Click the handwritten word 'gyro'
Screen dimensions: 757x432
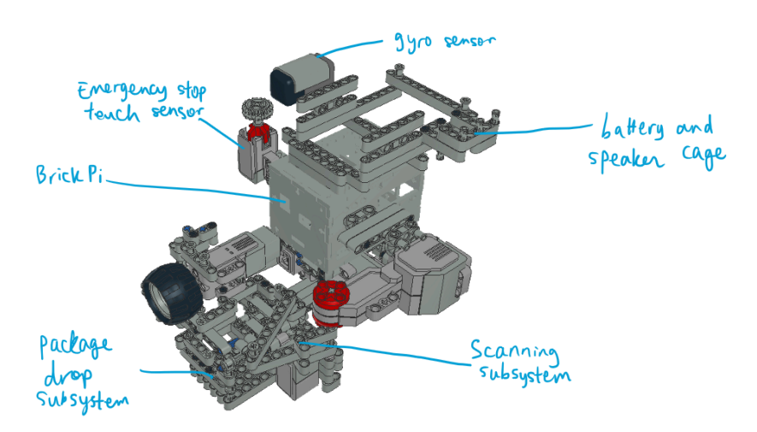pos(413,43)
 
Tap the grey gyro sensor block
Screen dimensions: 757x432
pos(302,80)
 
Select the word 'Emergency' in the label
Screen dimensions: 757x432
pos(122,90)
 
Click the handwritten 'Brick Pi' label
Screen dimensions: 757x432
pos(69,175)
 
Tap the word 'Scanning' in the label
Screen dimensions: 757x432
pos(514,351)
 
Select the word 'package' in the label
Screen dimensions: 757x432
pos(75,346)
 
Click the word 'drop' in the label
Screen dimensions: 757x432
pos(68,375)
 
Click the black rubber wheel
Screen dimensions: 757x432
pos(171,292)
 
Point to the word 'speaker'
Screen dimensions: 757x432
pos(625,159)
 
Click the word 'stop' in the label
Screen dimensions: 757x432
pos(192,91)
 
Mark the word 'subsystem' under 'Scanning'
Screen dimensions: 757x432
pos(525,375)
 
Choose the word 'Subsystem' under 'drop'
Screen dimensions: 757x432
pos(82,400)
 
